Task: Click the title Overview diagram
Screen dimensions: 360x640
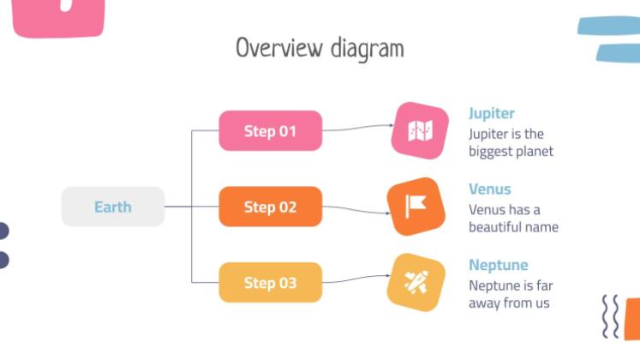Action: coord(320,48)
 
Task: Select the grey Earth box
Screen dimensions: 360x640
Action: coord(112,207)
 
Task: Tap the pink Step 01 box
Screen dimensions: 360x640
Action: coord(270,131)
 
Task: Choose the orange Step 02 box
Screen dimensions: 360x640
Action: coord(270,207)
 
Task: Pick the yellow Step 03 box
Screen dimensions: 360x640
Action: coord(270,282)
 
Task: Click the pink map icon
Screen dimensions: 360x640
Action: coord(419,131)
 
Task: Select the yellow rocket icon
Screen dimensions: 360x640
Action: coord(416,282)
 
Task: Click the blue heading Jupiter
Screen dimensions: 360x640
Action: coord(492,113)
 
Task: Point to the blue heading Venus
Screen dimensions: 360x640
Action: coord(489,189)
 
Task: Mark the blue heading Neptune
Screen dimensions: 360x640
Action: coord(498,265)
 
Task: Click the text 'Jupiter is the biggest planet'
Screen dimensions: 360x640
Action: coord(511,143)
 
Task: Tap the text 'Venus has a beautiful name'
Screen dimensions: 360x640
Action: coord(512,219)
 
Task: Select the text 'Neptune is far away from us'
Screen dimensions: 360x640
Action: coord(509,294)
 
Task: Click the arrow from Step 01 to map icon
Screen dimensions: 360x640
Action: coord(356,129)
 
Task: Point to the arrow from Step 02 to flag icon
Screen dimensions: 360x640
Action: coord(356,211)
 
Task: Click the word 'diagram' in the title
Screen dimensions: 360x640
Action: coord(367,49)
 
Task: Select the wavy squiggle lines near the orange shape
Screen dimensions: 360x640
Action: coord(611,318)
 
